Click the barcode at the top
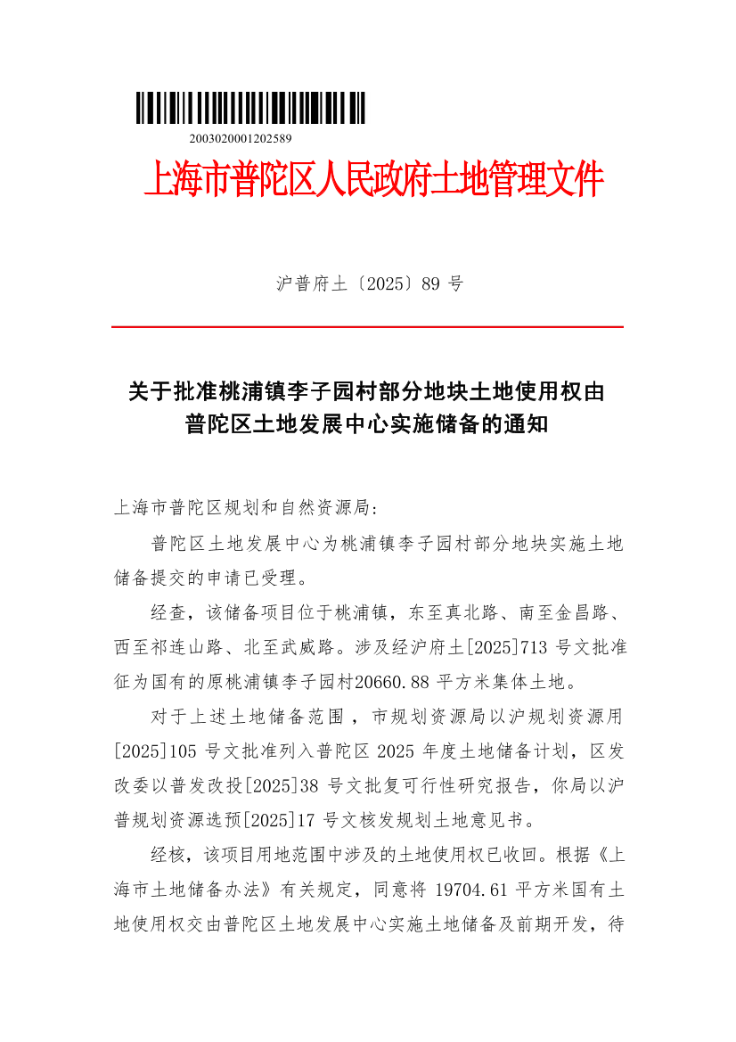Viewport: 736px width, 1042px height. (x=250, y=108)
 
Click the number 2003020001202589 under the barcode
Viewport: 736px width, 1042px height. (x=241, y=139)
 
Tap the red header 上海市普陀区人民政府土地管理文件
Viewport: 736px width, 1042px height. (x=373, y=180)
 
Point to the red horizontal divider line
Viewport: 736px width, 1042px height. (x=367, y=327)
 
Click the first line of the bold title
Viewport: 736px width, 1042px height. (x=366, y=391)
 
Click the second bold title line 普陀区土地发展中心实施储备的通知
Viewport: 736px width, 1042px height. (x=366, y=424)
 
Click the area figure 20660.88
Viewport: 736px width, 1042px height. (x=392, y=683)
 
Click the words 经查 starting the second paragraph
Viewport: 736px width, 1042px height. (x=168, y=613)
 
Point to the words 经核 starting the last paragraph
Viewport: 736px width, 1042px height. (x=168, y=855)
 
